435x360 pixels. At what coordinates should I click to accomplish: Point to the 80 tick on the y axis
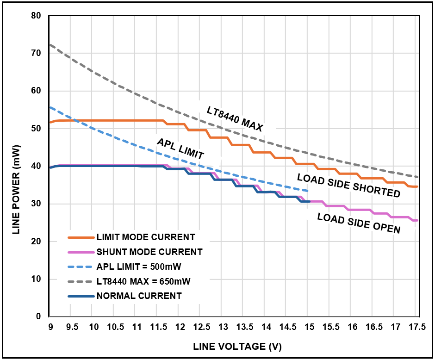(36, 16)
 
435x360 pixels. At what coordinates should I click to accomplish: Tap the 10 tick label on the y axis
(36, 279)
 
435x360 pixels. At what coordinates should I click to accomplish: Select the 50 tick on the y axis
(36, 129)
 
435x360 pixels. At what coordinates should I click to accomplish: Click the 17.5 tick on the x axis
(417, 327)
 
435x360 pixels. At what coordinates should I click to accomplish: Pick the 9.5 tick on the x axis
(72, 327)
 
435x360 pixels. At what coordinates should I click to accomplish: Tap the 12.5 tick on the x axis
(201, 327)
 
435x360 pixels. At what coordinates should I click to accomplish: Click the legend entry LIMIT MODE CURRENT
(146, 237)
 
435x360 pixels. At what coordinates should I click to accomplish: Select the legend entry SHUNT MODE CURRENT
(149, 252)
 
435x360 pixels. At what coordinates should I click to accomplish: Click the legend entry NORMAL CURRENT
(139, 296)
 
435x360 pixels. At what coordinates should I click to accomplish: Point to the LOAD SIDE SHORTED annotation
(348, 185)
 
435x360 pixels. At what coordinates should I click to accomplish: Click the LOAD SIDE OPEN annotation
(359, 223)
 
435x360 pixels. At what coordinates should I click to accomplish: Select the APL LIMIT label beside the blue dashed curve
(180, 148)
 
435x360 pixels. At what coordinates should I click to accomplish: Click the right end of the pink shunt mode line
(417, 220)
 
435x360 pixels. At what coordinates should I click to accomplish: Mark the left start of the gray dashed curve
(50, 45)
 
